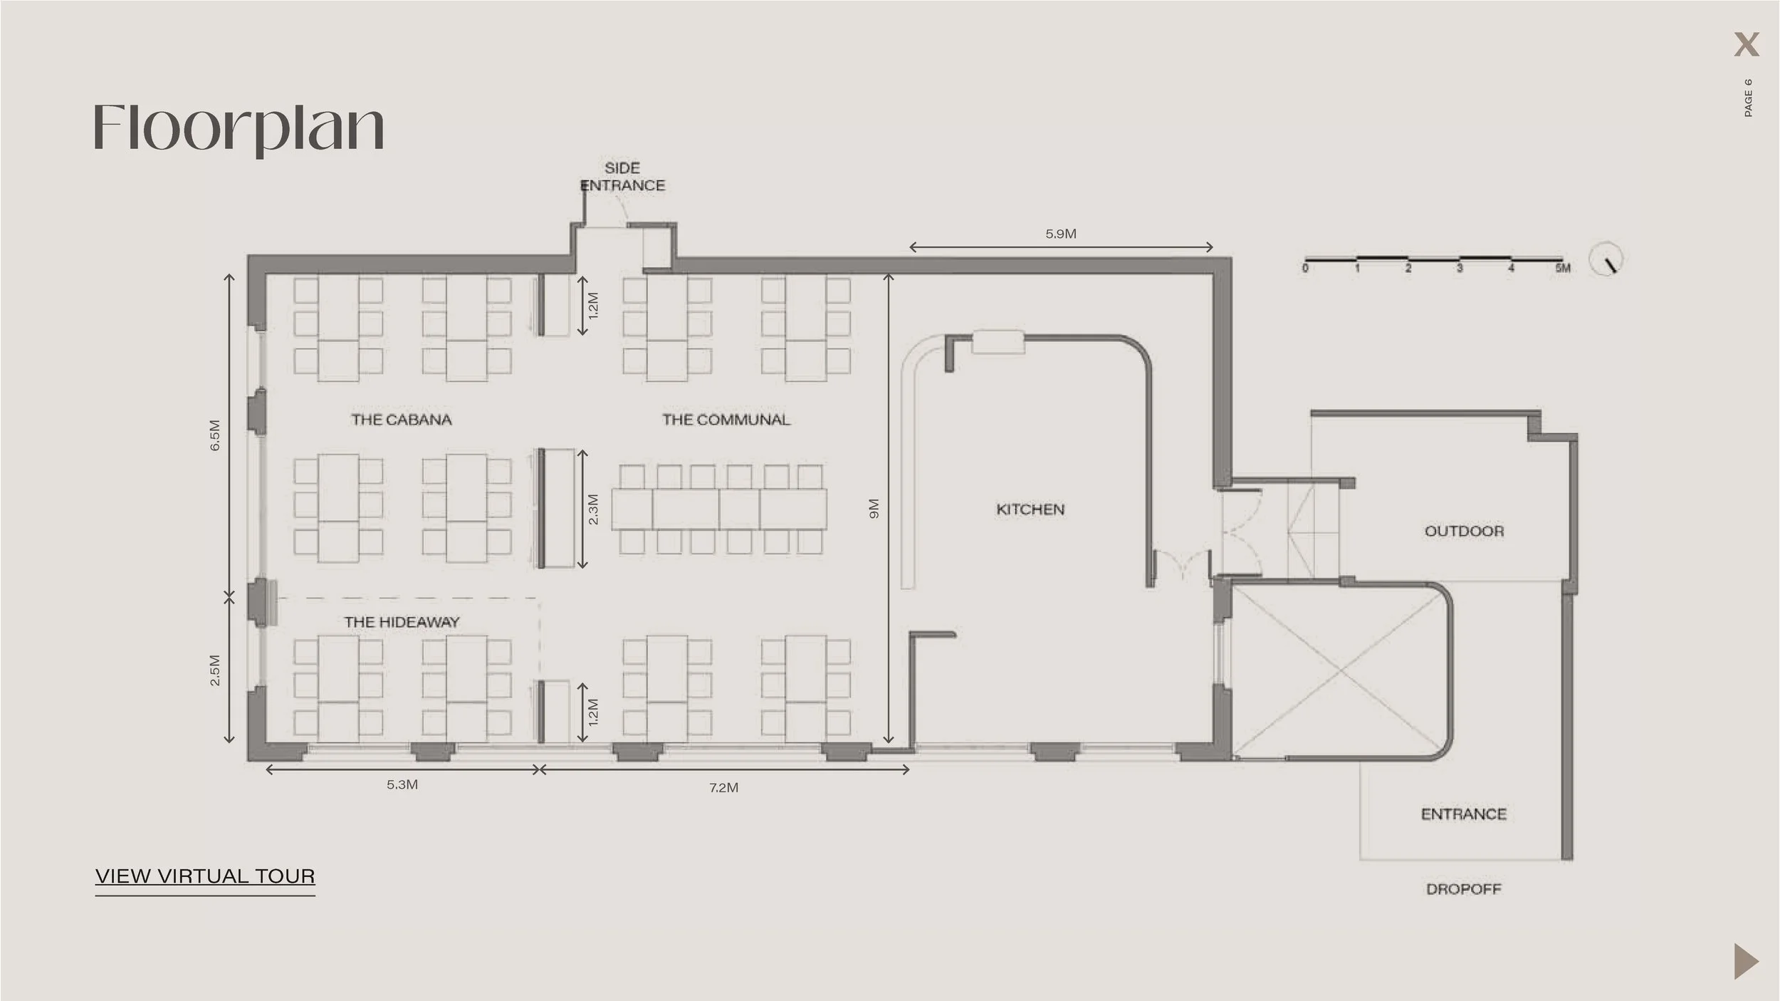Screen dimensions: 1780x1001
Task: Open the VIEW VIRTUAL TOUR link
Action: point(205,876)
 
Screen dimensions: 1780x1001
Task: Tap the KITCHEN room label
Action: point(1030,509)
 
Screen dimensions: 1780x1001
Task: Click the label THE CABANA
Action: point(402,420)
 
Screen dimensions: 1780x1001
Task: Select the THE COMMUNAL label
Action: point(726,420)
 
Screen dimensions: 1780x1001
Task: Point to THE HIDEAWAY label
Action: point(402,622)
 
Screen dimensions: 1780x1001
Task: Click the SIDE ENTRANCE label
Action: point(623,177)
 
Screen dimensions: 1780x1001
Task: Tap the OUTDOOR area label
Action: point(1464,531)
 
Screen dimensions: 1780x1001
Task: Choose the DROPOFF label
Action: point(1464,889)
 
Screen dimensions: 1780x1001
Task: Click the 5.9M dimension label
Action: point(1061,234)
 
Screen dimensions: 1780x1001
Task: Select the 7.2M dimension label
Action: point(723,787)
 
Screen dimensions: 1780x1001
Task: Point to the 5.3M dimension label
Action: point(402,784)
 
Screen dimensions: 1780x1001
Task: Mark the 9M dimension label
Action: point(874,509)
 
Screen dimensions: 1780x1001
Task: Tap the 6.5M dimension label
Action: point(215,435)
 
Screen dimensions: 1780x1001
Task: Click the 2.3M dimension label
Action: point(593,509)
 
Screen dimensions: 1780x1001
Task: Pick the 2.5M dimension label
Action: point(215,670)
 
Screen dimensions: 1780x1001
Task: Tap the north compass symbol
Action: point(1607,260)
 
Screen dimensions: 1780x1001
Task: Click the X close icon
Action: point(1746,45)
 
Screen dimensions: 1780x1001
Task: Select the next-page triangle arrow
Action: point(1745,962)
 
